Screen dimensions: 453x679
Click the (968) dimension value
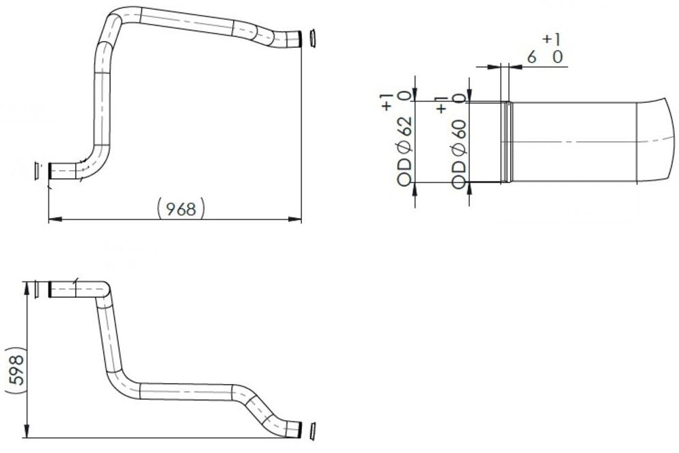[x=180, y=208]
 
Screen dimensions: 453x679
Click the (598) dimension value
[x=15, y=372]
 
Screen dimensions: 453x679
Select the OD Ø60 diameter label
[x=459, y=152]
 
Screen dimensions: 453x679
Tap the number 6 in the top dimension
[x=532, y=57]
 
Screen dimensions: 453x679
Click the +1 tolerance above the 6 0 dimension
[x=552, y=40]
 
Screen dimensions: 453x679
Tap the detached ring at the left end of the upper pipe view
[x=37, y=171]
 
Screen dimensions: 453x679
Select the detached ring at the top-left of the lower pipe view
[x=33, y=290]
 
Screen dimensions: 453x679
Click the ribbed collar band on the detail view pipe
[x=506, y=141]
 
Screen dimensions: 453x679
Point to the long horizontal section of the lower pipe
[x=184, y=392]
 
